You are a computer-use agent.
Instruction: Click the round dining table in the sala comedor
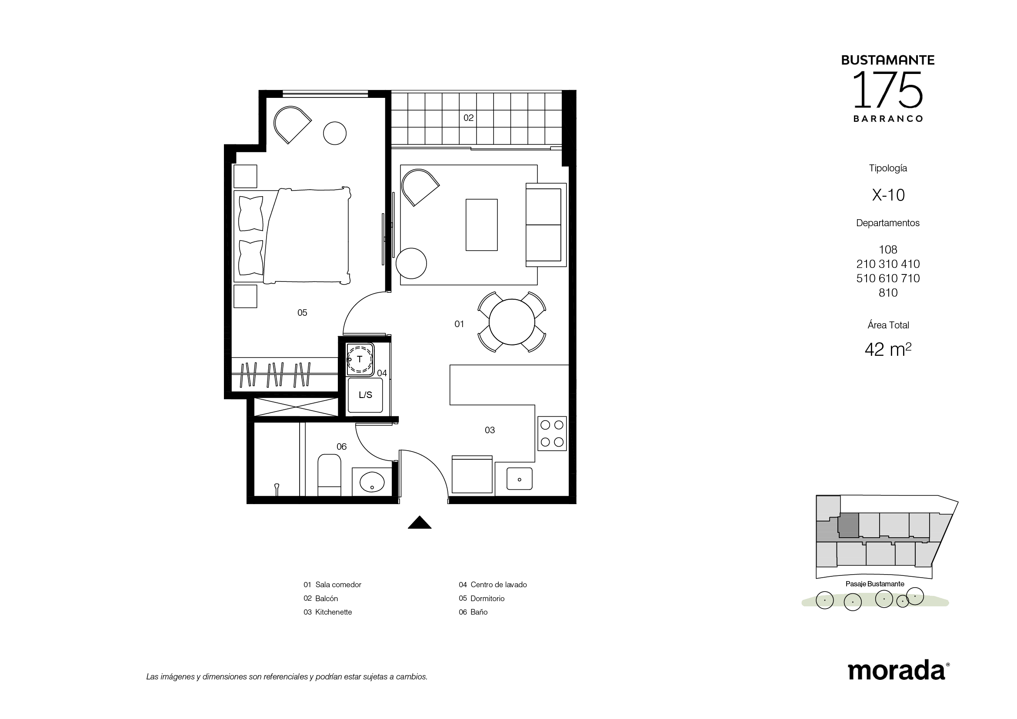(x=512, y=321)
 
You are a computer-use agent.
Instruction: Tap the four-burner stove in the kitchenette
(x=552, y=433)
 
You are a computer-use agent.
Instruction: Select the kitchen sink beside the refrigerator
(x=519, y=478)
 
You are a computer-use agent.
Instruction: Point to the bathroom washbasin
(x=372, y=482)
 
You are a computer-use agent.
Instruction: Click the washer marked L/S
(x=365, y=395)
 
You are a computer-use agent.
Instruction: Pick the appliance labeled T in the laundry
(x=360, y=359)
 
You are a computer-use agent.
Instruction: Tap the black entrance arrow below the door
(x=420, y=522)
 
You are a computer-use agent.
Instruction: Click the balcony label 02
(x=468, y=118)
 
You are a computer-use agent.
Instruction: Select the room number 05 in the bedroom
(x=302, y=313)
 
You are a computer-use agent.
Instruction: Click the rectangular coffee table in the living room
(x=481, y=224)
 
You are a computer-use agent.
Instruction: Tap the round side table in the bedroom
(x=334, y=133)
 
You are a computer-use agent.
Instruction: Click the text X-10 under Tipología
(x=888, y=195)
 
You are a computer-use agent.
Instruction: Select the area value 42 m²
(x=888, y=349)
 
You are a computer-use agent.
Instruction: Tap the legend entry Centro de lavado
(x=493, y=585)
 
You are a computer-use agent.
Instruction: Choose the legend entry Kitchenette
(x=327, y=612)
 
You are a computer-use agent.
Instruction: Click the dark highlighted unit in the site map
(x=849, y=526)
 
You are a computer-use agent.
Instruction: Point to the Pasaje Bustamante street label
(x=875, y=584)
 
